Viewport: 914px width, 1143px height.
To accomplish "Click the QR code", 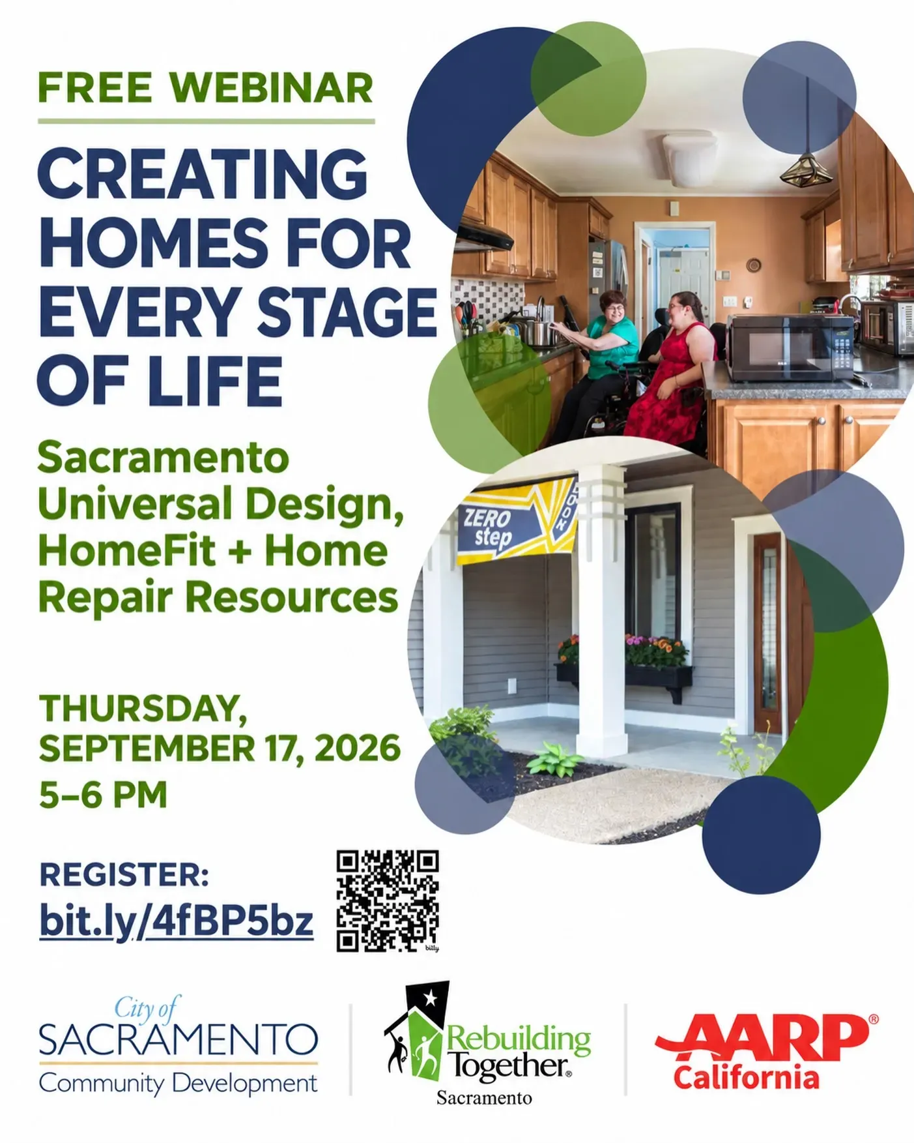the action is click(388, 900).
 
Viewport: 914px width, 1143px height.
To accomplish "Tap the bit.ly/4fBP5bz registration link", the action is click(177, 921).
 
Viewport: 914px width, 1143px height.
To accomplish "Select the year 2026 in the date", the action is click(358, 747).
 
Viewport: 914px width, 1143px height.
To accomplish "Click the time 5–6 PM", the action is click(103, 794).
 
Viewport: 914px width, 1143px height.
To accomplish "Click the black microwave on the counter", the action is click(790, 348).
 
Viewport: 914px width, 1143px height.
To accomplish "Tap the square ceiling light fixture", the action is click(689, 149).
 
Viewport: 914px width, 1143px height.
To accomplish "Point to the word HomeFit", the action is click(126, 551).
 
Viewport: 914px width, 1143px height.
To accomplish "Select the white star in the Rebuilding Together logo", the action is click(430, 997).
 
